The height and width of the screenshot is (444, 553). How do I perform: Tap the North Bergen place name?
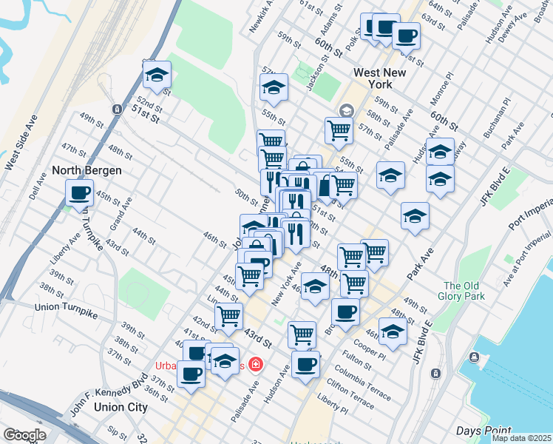86,170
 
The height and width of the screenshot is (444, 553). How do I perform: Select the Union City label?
122,406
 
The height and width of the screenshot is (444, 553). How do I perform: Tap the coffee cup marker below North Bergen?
79,194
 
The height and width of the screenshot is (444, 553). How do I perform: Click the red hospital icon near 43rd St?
255,364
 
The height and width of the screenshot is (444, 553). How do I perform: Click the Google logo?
24,435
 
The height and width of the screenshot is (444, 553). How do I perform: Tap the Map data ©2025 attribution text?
521,438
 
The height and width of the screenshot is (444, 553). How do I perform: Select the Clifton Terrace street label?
349,391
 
